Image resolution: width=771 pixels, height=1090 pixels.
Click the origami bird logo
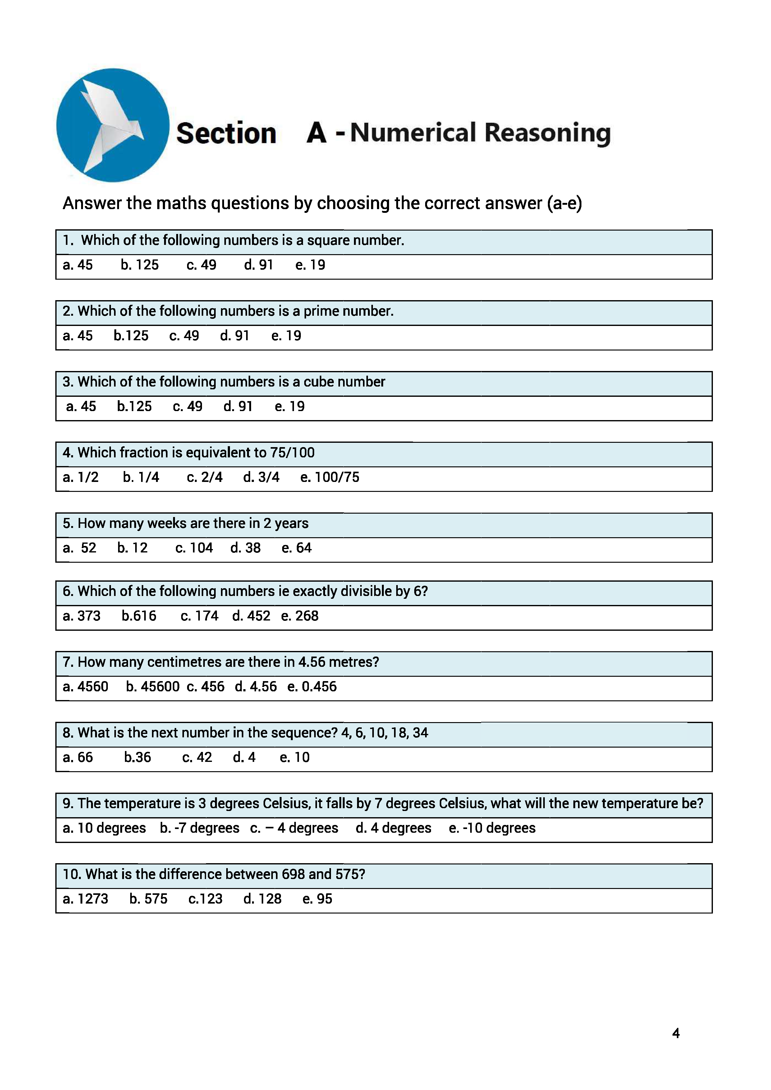112,125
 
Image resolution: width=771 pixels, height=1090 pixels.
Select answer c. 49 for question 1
201,265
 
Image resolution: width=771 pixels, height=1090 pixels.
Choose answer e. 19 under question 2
286,336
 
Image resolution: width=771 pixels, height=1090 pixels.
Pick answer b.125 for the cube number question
134,406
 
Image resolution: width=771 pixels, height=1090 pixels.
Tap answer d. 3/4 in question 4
261,477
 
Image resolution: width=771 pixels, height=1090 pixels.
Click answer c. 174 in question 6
200,616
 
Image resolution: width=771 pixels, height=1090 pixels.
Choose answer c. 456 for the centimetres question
205,686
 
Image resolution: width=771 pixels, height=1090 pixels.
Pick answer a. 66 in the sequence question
78,757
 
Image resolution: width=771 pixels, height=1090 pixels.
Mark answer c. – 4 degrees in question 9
294,828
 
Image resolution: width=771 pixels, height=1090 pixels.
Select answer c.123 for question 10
205,899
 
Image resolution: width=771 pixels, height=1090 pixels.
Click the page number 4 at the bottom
676,1033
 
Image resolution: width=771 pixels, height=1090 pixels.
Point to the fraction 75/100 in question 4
292,452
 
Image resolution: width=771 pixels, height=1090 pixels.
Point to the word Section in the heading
226,133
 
